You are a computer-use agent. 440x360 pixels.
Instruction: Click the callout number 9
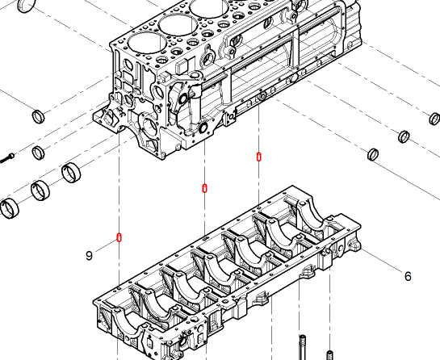(x=89, y=256)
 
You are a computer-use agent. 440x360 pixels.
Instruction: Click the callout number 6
(x=408, y=276)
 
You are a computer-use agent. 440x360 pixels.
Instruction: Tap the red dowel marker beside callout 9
(x=119, y=237)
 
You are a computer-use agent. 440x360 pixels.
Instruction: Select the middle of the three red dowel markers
(x=204, y=188)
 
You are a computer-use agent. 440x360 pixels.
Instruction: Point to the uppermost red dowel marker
(x=258, y=157)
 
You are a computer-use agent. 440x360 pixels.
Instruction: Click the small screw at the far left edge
(x=7, y=158)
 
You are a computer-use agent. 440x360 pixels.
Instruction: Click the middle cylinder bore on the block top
(x=178, y=24)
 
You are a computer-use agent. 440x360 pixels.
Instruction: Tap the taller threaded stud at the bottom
(x=302, y=347)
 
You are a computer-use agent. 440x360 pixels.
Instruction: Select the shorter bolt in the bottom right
(x=330, y=355)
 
